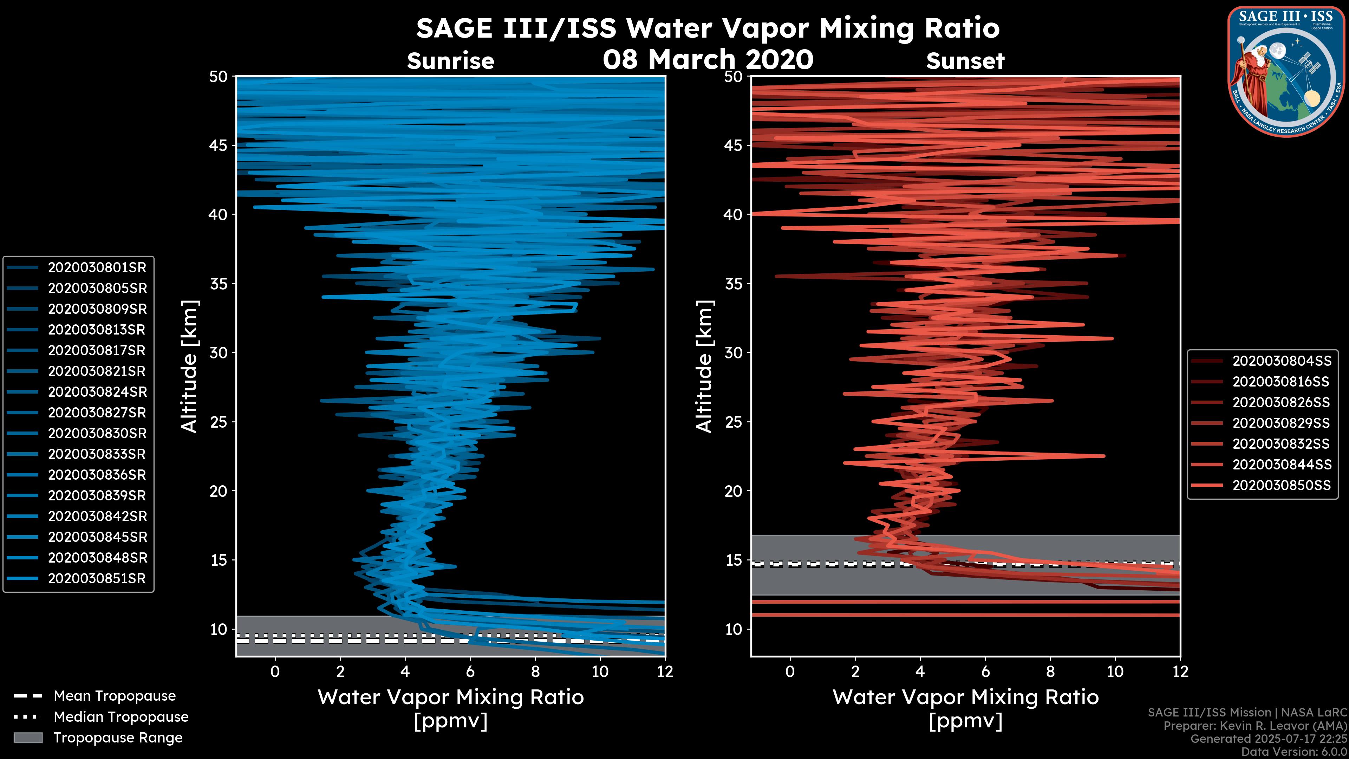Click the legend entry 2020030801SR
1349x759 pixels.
pyautogui.click(x=97, y=268)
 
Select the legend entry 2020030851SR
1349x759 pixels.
pyautogui.click(x=97, y=579)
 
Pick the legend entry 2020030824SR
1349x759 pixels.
pyautogui.click(x=97, y=392)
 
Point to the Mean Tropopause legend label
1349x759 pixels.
pyautogui.click(x=115, y=696)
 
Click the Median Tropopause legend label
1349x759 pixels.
pyautogui.click(x=121, y=717)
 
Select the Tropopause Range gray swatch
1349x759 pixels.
pyautogui.click(x=28, y=738)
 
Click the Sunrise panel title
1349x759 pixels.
pyautogui.click(x=450, y=61)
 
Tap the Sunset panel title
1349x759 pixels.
pyautogui.click(x=965, y=61)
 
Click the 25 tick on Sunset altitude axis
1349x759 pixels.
pyautogui.click(x=734, y=422)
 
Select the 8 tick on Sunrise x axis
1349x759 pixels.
pyautogui.click(x=535, y=672)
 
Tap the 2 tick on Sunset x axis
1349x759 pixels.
pyautogui.click(x=855, y=672)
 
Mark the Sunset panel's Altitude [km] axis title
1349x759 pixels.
pyautogui.click(x=705, y=366)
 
